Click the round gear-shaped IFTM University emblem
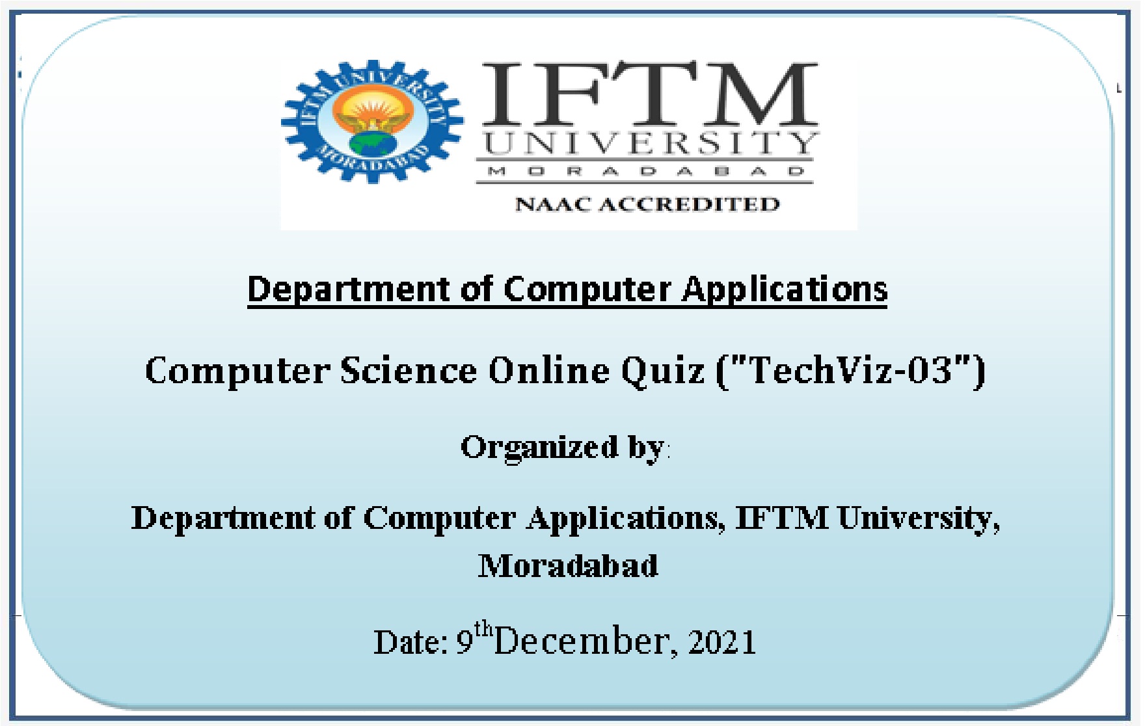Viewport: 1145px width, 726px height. tap(372, 122)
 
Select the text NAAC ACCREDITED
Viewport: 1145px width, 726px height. tap(647, 204)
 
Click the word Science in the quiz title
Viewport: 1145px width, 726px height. tap(409, 371)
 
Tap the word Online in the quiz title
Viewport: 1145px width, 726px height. tap(549, 371)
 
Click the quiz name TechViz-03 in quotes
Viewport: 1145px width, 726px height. tap(851, 371)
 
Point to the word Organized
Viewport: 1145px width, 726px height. tap(539, 448)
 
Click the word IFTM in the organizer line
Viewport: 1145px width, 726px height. tap(781, 518)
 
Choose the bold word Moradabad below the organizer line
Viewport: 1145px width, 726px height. tap(568, 565)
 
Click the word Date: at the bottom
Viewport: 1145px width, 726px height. tap(411, 642)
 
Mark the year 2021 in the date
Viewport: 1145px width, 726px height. tap(722, 642)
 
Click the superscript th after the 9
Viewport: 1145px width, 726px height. tap(483, 628)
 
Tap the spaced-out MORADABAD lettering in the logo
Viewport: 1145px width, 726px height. tap(646, 171)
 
